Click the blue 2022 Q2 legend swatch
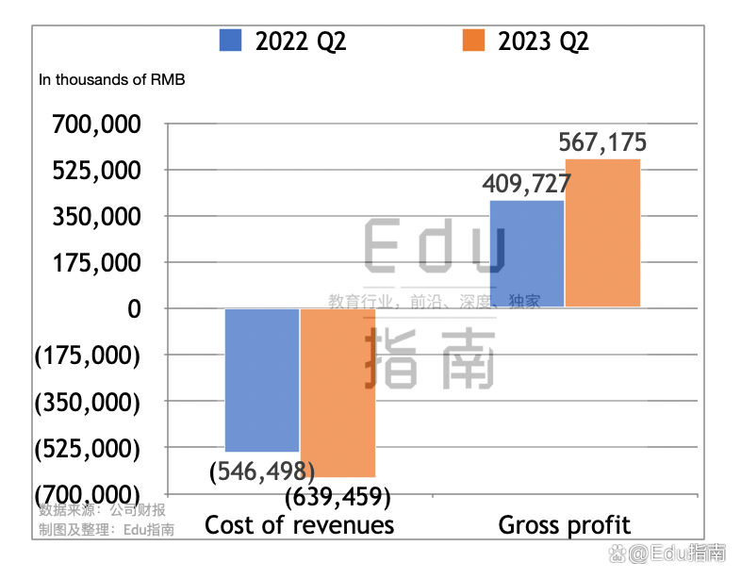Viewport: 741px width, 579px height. click(231, 41)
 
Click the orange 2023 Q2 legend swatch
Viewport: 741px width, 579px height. click(473, 41)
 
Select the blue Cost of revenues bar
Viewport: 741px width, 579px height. click(262, 379)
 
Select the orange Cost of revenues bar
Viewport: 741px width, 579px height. click(338, 392)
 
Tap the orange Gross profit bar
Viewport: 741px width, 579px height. click(602, 233)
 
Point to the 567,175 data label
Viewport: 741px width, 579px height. click(602, 143)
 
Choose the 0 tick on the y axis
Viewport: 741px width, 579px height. click(133, 308)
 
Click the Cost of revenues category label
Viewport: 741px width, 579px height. click(300, 524)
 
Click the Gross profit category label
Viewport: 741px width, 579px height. click(564, 524)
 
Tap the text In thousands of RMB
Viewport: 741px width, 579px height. click(112, 79)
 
